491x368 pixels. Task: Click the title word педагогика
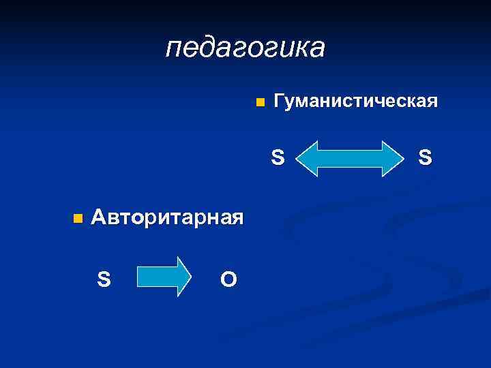[245, 48]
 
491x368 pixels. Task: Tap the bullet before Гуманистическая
[258, 104]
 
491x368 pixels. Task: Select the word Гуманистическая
[355, 102]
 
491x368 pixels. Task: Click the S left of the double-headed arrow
[278, 158]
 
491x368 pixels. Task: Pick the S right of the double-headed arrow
[425, 158]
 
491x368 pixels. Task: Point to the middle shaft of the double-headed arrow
[352, 159]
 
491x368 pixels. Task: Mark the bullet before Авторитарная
[76, 219]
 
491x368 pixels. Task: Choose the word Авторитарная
[167, 218]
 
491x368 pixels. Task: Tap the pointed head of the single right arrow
[184, 277]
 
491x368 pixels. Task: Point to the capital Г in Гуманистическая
[278, 102]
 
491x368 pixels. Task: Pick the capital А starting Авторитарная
[99, 218]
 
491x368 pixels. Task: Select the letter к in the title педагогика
[295, 48]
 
